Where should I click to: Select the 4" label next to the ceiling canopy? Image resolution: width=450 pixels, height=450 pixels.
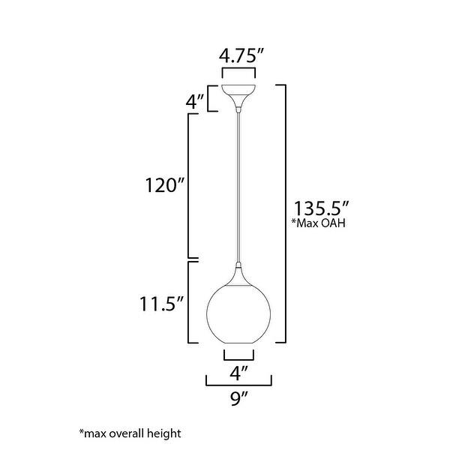pos(196,102)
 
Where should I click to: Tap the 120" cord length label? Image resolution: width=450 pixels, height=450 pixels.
pos(165,184)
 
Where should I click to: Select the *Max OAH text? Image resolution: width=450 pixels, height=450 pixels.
pos(323,223)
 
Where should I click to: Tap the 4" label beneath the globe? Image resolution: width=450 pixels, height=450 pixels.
pos(238,370)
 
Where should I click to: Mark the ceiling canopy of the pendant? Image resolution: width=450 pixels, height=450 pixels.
pos(239,96)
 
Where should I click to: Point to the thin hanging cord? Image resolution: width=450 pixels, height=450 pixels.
pos(239,187)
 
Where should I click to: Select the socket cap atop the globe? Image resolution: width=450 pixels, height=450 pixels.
pos(239,272)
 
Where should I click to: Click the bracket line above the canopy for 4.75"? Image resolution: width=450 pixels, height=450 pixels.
pos(239,71)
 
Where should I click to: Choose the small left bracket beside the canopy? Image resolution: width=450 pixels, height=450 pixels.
pos(210,98)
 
